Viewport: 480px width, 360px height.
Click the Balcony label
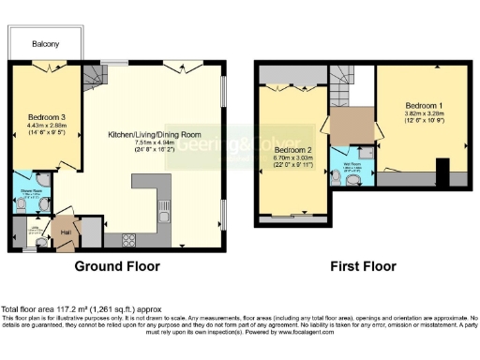pyautogui.click(x=45, y=44)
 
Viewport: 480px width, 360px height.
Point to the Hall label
pyautogui.click(x=67, y=232)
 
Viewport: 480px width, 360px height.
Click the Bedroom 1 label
pyautogui.click(x=423, y=103)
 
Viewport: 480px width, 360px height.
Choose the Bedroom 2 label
pyautogui.click(x=293, y=150)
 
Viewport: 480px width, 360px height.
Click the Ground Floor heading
pyautogui.click(x=117, y=266)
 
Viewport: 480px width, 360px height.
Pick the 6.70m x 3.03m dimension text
pyautogui.click(x=293, y=158)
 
